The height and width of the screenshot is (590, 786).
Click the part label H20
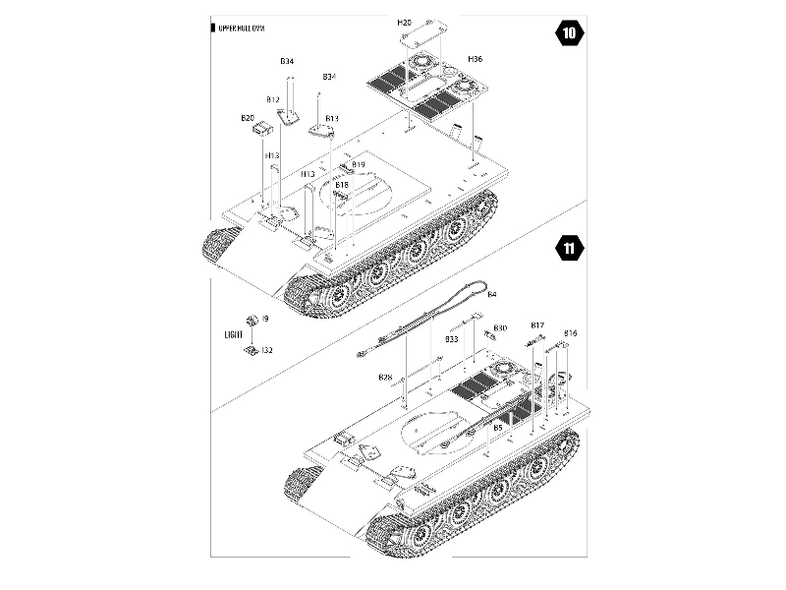click(x=405, y=21)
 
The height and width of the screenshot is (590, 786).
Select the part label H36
click(x=476, y=59)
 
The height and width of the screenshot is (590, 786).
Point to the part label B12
click(x=273, y=100)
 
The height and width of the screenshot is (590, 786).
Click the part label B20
click(x=248, y=118)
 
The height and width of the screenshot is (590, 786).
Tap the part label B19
click(x=359, y=164)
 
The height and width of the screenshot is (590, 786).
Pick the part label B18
click(x=341, y=185)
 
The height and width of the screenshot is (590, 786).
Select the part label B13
click(x=332, y=119)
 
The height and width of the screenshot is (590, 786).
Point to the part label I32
click(x=267, y=350)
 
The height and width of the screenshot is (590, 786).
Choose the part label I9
click(x=265, y=319)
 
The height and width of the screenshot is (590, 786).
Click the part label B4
click(x=492, y=295)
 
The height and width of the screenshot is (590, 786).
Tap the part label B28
click(x=385, y=378)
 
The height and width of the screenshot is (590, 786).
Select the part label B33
click(x=452, y=339)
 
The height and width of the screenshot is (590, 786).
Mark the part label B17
click(x=537, y=325)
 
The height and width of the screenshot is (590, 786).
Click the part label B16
click(x=570, y=333)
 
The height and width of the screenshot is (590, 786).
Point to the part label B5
click(x=498, y=428)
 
